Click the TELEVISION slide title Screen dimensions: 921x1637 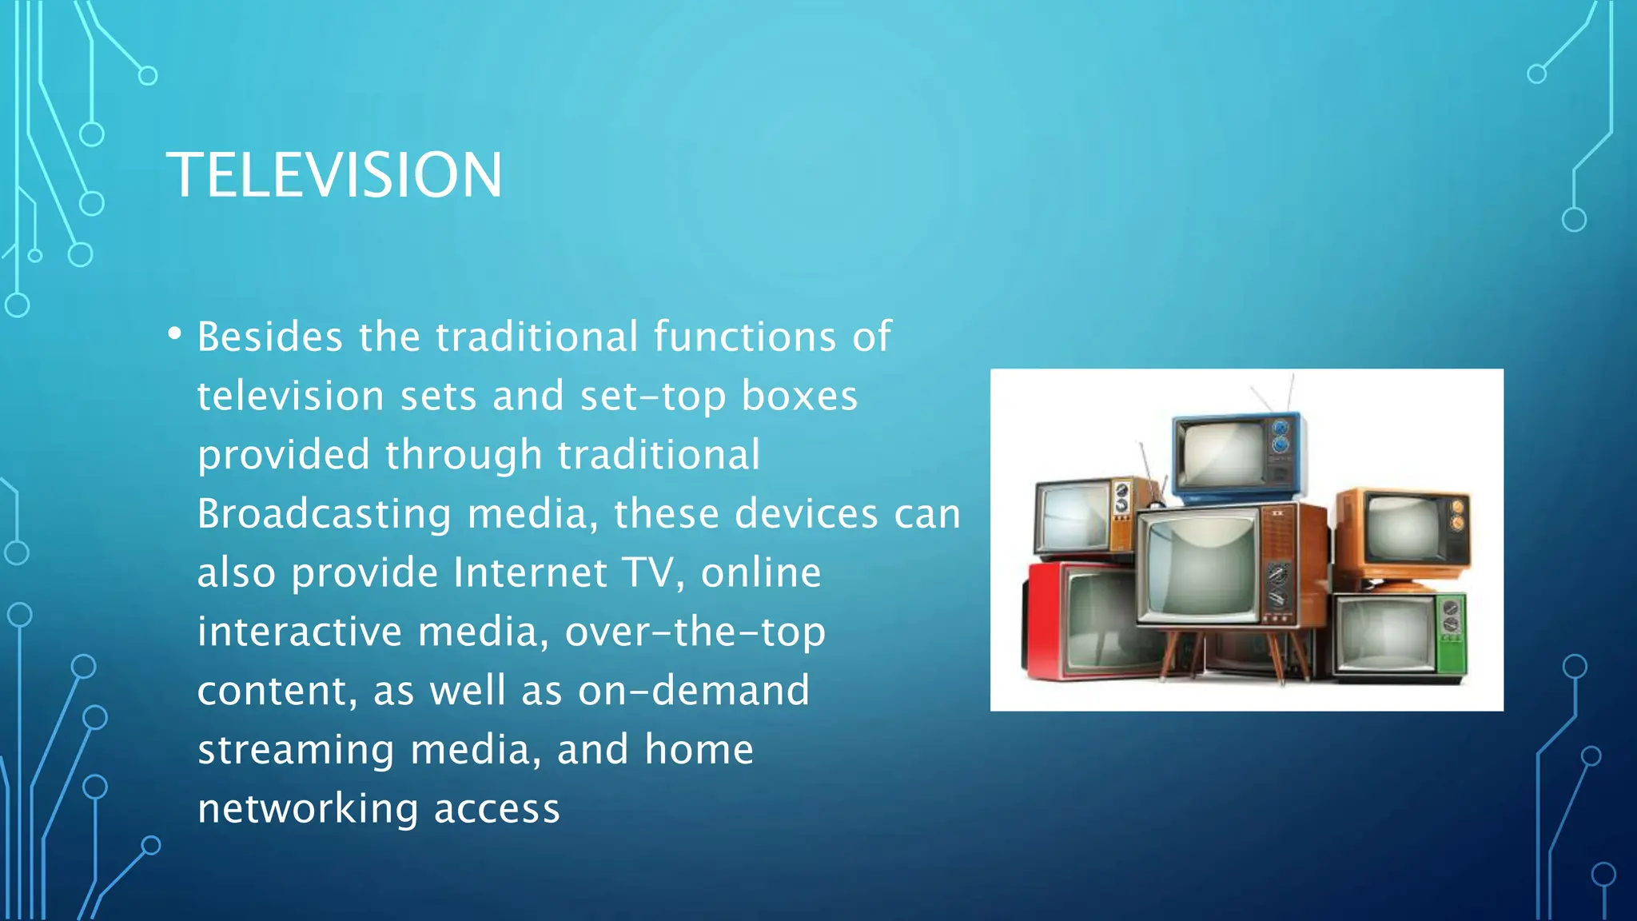click(x=334, y=175)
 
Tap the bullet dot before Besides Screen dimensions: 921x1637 click(x=175, y=334)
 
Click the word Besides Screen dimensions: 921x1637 click(x=270, y=337)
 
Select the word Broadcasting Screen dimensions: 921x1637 click(x=324, y=513)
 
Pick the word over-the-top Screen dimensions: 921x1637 click(x=695, y=632)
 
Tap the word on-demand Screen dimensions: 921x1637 click(x=693, y=691)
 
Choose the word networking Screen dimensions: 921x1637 click(x=308, y=809)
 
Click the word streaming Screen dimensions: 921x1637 click(x=296, y=750)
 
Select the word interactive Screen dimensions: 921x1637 click(x=300, y=632)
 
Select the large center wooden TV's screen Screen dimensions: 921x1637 click(x=1199, y=564)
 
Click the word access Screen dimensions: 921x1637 click(x=496, y=809)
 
